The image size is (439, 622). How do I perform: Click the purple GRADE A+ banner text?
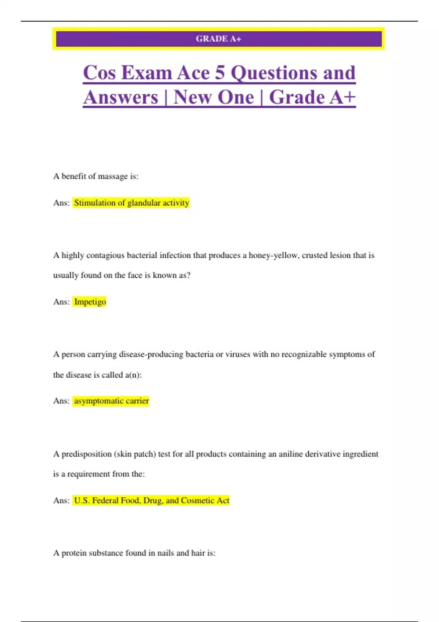pos(218,39)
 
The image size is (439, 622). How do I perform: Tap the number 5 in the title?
pos(219,72)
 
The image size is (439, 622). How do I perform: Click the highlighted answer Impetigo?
pos(90,302)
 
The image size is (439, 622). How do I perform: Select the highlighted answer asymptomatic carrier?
pos(111,401)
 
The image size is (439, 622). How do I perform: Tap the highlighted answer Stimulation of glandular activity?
pos(131,203)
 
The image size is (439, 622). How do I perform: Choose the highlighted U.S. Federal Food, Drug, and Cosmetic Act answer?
pos(151,501)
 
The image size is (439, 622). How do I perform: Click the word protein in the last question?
pos(74,553)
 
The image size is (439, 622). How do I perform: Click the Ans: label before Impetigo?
pos(61,302)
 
